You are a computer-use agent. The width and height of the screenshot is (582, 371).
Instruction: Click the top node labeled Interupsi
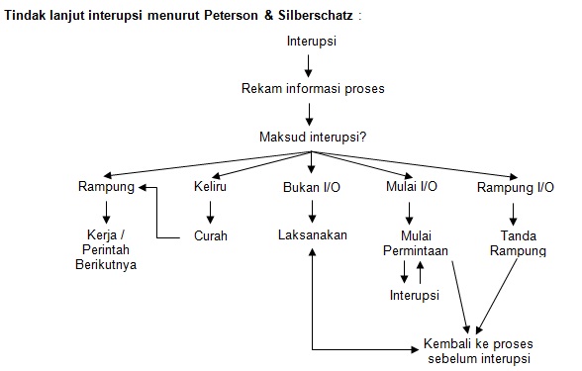312,44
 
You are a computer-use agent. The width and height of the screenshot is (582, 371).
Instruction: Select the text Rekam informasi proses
312,88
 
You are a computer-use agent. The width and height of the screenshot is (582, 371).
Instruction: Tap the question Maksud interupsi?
312,137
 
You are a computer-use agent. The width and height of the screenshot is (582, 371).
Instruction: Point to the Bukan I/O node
312,187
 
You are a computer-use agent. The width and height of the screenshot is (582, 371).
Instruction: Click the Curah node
210,235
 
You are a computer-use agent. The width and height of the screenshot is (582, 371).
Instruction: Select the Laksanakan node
312,235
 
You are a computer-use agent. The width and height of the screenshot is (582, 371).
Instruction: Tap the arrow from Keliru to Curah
210,212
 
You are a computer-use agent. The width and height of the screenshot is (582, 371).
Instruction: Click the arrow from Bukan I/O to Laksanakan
312,212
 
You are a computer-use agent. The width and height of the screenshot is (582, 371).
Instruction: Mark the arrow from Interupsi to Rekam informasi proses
312,65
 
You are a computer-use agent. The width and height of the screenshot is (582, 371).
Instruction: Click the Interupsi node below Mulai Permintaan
415,296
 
